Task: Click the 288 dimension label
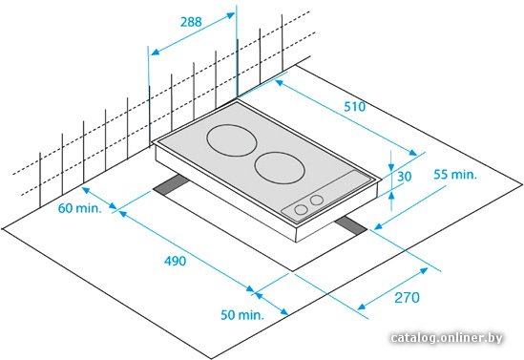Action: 191,22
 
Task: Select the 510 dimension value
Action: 355,107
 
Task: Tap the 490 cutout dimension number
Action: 175,261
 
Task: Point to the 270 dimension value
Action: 407,298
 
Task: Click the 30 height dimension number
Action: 404,177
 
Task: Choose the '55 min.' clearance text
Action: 455,175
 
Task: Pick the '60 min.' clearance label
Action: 79,208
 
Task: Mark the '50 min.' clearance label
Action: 242,314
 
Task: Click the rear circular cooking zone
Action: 232,140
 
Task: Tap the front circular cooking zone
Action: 280,168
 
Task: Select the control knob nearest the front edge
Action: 301,209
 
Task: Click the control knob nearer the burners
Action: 317,201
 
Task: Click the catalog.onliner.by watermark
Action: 447,338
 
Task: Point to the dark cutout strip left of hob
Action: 171,185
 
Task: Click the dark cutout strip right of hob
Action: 351,225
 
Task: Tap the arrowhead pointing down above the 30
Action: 391,166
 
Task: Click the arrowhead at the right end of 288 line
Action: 231,15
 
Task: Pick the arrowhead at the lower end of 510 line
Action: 412,153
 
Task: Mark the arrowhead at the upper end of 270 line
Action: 424,271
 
